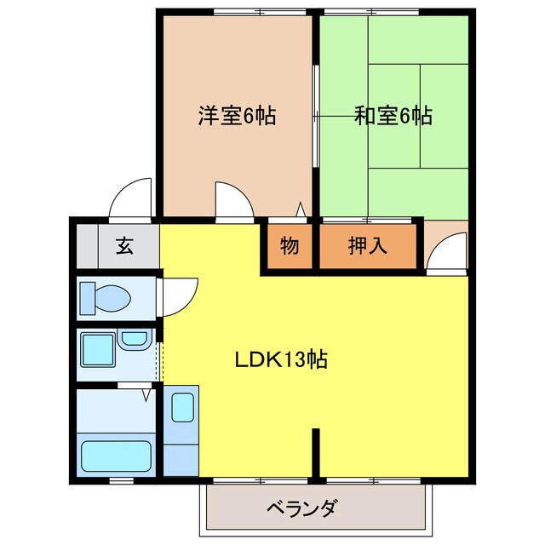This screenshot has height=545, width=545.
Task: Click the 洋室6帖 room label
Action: (238, 116)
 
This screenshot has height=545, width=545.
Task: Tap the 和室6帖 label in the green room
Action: (393, 116)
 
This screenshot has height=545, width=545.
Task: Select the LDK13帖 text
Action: (281, 359)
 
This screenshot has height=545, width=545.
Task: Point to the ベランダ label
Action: (301, 508)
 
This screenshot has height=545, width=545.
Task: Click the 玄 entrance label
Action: (124, 245)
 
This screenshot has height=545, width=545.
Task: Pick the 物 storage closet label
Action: (290, 245)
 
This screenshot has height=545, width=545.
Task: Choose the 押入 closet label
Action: (367, 245)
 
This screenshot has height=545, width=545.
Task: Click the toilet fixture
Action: (106, 299)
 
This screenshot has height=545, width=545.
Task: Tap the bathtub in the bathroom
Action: (116, 456)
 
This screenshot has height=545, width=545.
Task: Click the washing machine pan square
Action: (98, 350)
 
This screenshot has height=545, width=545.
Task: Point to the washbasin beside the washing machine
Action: (135, 339)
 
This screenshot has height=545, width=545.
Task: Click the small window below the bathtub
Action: (121, 480)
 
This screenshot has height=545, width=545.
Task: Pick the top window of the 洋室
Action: (260, 12)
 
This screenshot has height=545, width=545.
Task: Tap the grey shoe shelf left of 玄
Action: (87, 246)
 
